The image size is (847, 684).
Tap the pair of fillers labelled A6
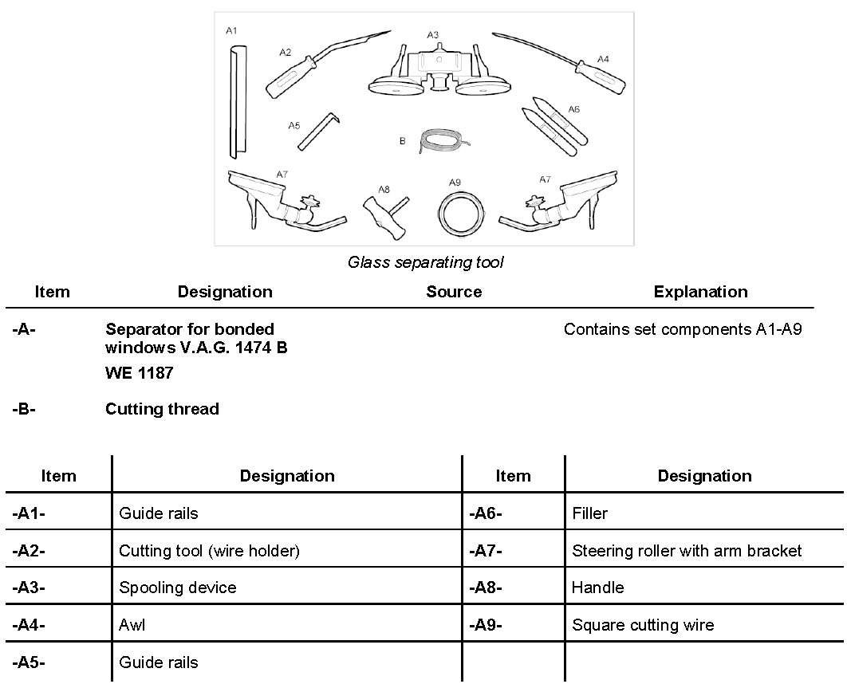click(x=555, y=127)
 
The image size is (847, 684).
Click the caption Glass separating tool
click(x=425, y=262)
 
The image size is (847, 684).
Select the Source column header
click(x=454, y=292)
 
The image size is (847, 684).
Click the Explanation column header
click(x=700, y=292)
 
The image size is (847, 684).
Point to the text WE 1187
click(x=139, y=372)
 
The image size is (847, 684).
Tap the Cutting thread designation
click(x=162, y=409)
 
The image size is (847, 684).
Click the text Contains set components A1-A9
click(x=682, y=329)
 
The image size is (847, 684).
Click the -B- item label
click(x=25, y=409)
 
